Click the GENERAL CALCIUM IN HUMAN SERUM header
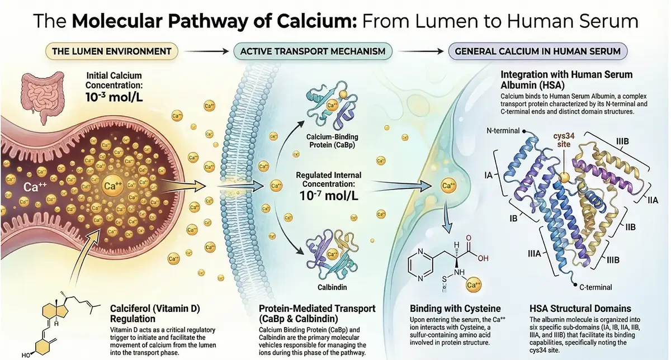pyautogui.click(x=537, y=51)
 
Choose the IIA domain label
pyautogui.click(x=651, y=200)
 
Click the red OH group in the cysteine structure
pyautogui.click(x=483, y=258)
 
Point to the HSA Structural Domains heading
pyautogui.click(x=580, y=308)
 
